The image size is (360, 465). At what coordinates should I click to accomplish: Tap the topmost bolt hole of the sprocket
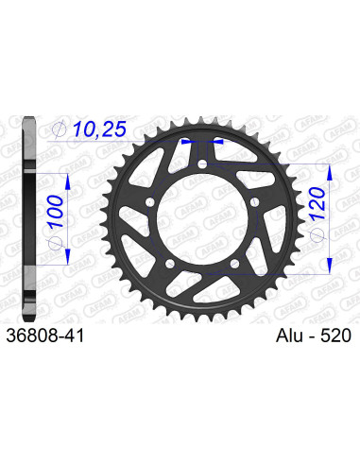pyautogui.click(x=204, y=168)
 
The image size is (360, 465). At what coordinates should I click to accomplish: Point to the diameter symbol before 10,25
pyautogui.click(x=60, y=129)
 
